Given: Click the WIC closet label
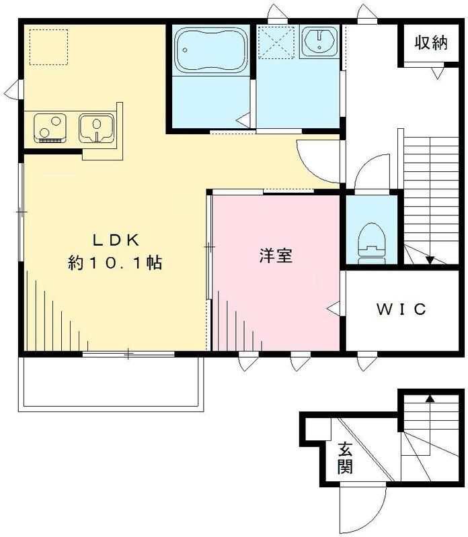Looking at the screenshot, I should (x=401, y=309).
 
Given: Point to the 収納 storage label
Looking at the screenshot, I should (x=430, y=44).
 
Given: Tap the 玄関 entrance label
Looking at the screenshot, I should (x=345, y=458).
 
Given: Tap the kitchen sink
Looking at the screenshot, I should (x=97, y=127).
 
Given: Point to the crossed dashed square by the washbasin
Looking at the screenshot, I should (x=276, y=43).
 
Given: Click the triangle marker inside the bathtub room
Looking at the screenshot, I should (x=244, y=120).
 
